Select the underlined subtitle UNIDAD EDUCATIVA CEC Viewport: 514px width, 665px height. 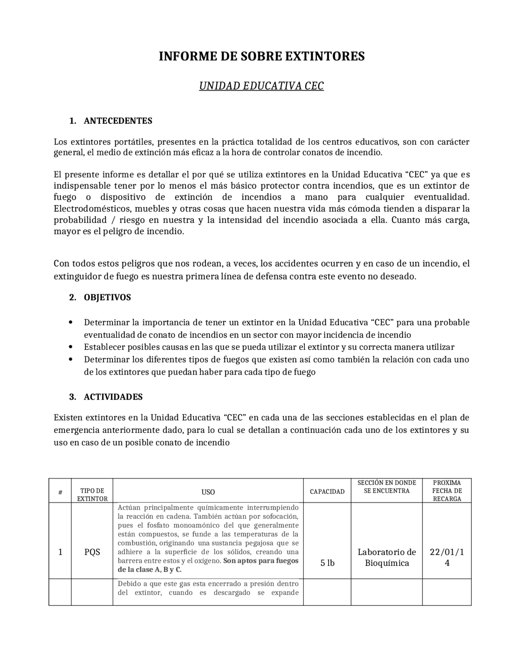tap(261, 86)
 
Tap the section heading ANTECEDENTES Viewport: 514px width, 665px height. tap(118, 121)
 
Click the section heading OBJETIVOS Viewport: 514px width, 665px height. tap(107, 298)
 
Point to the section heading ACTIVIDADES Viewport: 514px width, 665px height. tap(113, 397)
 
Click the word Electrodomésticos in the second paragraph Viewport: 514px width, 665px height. tap(92, 209)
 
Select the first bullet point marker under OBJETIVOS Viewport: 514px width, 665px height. tap(71, 322)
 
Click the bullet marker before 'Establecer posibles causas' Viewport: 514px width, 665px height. tap(71, 347)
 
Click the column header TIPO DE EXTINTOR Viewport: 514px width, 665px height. tap(92, 494)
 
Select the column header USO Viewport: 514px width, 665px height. tap(208, 492)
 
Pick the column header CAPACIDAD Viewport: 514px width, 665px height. tap(327, 492)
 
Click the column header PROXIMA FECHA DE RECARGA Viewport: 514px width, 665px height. tap(447, 491)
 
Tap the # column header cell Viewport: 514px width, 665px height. tap(60, 492)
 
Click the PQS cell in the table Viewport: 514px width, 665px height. tap(92, 552)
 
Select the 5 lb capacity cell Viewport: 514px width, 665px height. tap(327, 563)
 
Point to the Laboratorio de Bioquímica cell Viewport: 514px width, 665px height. tap(387, 557)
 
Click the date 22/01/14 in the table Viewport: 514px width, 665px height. tap(447, 557)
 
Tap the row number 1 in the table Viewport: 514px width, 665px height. tap(60, 552)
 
